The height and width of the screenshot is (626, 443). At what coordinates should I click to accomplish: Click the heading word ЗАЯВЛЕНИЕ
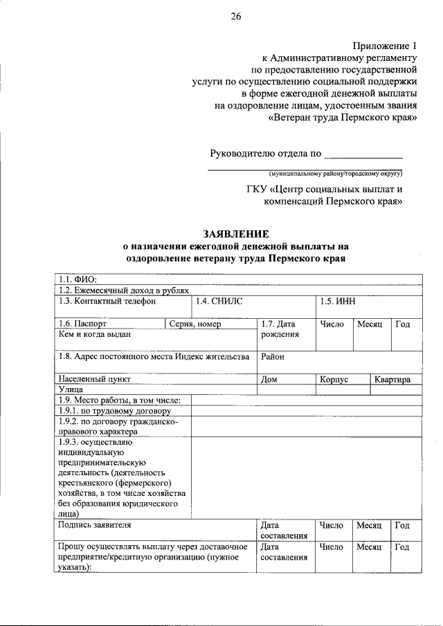point(235,234)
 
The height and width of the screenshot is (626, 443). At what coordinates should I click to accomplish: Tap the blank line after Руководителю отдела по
point(363,154)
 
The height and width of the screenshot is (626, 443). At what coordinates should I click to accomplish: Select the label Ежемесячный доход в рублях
point(124,291)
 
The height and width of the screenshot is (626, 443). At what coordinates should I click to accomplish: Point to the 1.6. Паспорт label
point(83,324)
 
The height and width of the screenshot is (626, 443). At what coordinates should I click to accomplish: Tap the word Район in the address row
point(273,357)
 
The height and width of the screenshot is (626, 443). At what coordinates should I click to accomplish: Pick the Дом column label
point(269,379)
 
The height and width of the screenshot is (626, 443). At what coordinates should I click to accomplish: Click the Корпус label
point(334,379)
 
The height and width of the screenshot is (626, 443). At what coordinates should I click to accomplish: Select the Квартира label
point(392,379)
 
